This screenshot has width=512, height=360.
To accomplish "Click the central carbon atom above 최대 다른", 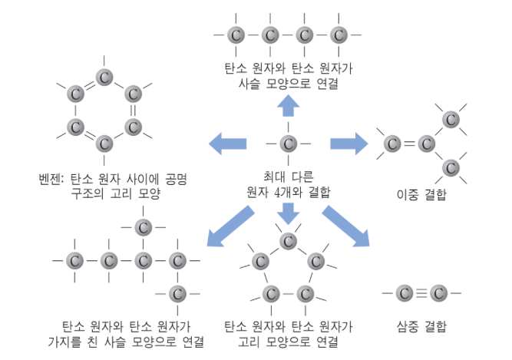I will point(288,143).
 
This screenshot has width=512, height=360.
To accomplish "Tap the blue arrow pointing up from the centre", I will point(289,106).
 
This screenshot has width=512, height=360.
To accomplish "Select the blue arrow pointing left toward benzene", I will point(229,143).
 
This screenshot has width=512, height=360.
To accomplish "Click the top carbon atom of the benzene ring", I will point(104,77).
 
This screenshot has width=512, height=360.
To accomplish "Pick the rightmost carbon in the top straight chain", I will point(339,35).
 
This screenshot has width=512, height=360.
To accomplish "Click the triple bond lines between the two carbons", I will point(421,292).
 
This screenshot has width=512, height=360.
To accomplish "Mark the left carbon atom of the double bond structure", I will point(393,144).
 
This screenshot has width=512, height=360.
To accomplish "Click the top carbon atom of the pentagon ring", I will point(289,241).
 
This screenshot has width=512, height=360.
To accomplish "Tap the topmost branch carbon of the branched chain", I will point(143,226).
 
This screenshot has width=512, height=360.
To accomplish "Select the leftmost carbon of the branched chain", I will point(74,260).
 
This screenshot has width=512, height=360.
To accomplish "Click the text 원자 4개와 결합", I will point(288,193).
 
